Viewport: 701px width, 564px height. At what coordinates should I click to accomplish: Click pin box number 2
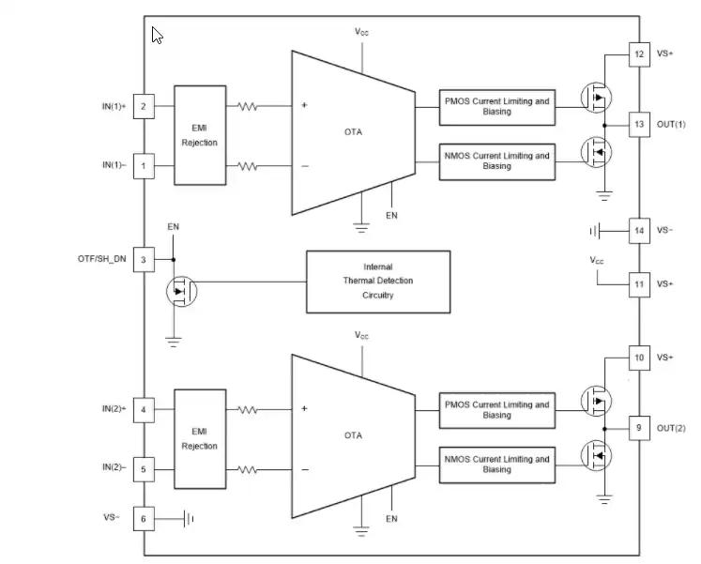click(x=144, y=106)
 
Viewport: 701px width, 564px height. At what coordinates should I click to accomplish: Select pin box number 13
click(x=639, y=124)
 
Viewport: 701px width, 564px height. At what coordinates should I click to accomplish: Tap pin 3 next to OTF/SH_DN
click(x=144, y=260)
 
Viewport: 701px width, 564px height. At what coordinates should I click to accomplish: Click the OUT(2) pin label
click(x=671, y=428)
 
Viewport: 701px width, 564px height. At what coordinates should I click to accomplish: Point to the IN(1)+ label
click(x=114, y=106)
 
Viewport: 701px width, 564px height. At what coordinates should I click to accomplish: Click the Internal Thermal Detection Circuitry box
click(x=378, y=282)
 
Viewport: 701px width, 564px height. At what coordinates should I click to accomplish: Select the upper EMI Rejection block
click(x=200, y=135)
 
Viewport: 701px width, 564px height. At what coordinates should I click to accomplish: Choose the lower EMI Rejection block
click(x=200, y=439)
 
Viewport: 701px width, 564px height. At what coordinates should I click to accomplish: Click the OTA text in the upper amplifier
click(x=353, y=131)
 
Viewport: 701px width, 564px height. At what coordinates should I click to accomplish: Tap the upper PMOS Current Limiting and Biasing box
click(x=497, y=107)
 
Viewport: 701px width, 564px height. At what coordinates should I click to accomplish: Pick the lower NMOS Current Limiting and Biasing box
click(x=497, y=465)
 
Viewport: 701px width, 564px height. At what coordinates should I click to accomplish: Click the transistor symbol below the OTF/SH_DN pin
click(x=181, y=292)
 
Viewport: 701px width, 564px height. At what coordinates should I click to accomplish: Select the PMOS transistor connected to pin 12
click(x=597, y=98)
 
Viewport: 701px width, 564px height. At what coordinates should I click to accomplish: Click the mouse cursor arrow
click(x=157, y=36)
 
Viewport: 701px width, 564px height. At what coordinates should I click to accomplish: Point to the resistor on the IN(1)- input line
click(x=247, y=166)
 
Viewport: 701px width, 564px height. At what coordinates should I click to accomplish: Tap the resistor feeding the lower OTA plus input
click(x=247, y=409)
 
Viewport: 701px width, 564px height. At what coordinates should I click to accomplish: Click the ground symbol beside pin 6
click(x=189, y=519)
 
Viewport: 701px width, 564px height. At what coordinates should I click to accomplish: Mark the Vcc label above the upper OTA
click(x=361, y=32)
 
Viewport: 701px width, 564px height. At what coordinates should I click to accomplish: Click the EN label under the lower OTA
click(x=391, y=519)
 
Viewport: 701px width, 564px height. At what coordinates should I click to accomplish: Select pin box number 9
click(x=639, y=428)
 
